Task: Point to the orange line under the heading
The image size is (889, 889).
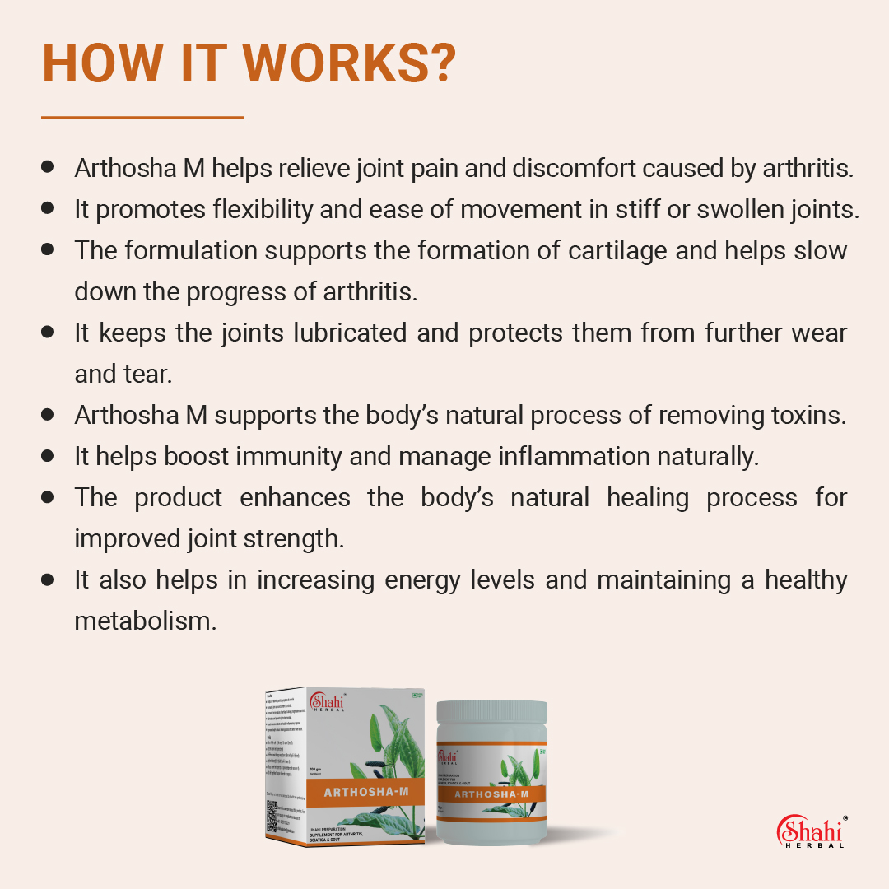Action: (x=142, y=118)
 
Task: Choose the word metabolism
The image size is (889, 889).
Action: (x=145, y=621)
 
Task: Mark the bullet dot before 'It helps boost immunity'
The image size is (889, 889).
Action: (x=48, y=455)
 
